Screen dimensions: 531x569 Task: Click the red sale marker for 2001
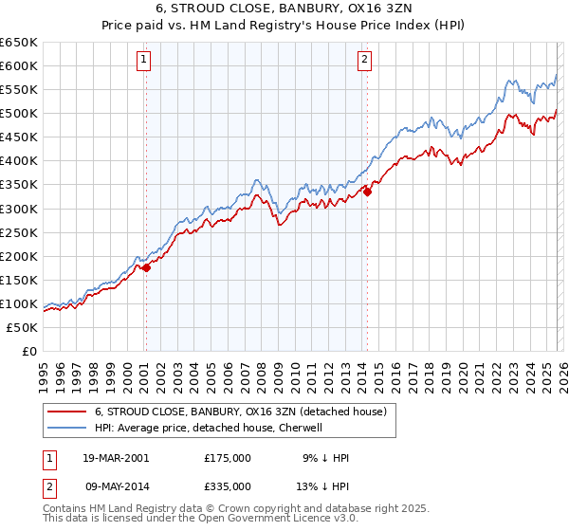147,267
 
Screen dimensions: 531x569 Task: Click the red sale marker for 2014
367,192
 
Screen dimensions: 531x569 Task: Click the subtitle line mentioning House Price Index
284,27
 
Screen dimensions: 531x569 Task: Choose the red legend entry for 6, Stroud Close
240,412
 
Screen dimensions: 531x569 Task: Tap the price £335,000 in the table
228,485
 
